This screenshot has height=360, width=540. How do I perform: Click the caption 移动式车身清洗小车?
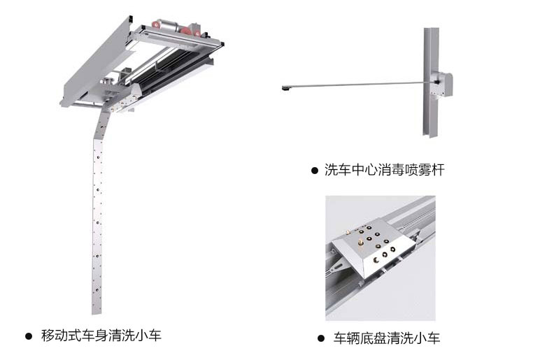(x=101, y=336)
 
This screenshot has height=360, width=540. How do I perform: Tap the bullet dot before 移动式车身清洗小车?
(x=29, y=336)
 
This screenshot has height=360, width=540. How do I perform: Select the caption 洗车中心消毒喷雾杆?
(x=384, y=170)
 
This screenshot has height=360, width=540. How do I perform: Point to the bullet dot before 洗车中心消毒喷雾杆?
(x=315, y=171)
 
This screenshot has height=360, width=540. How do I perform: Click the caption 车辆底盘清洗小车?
(x=387, y=338)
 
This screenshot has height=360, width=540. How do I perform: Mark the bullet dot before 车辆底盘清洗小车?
(x=321, y=338)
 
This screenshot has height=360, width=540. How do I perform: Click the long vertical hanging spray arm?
(x=98, y=213)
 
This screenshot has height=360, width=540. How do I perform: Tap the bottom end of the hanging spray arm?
(x=97, y=313)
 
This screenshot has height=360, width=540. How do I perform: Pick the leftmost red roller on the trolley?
(x=157, y=24)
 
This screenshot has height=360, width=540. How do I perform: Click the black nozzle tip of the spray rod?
(x=286, y=89)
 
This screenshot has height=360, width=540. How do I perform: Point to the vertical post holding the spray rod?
(x=430, y=82)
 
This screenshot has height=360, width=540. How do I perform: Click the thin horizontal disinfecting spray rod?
(x=358, y=85)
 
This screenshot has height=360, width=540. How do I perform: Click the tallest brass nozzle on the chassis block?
(x=360, y=243)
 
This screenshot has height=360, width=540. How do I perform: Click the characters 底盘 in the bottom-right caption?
(x=374, y=338)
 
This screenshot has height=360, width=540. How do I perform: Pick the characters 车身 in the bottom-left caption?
(x=94, y=336)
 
